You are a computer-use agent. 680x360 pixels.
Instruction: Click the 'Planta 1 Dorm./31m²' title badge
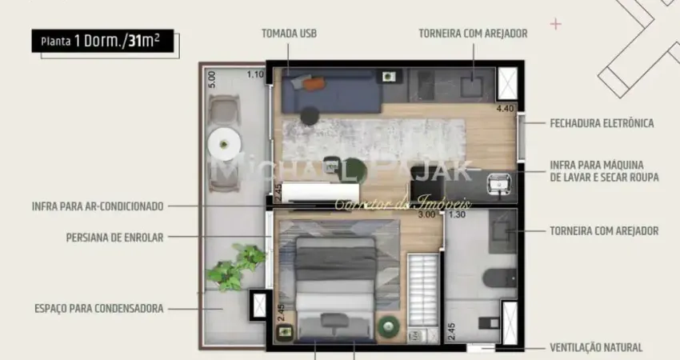point(102,42)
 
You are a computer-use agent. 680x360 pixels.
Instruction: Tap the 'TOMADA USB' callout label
point(290,34)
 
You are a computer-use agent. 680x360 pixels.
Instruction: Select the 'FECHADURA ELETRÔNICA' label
point(602,123)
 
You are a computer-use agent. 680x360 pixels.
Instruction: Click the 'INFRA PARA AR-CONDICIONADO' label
point(98,206)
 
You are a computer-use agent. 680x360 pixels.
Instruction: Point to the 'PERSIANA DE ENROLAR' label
point(115,237)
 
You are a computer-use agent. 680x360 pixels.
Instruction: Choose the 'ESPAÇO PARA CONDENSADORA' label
point(98,308)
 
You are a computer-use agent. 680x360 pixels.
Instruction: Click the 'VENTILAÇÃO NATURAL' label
point(595,347)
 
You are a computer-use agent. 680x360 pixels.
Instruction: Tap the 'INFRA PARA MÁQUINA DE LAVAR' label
point(603,172)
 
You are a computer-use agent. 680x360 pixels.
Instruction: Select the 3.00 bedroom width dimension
point(426,214)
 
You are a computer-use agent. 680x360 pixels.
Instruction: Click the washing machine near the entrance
point(499,183)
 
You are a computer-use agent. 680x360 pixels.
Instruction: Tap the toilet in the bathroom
point(496,278)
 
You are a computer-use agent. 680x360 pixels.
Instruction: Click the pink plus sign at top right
point(556,25)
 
